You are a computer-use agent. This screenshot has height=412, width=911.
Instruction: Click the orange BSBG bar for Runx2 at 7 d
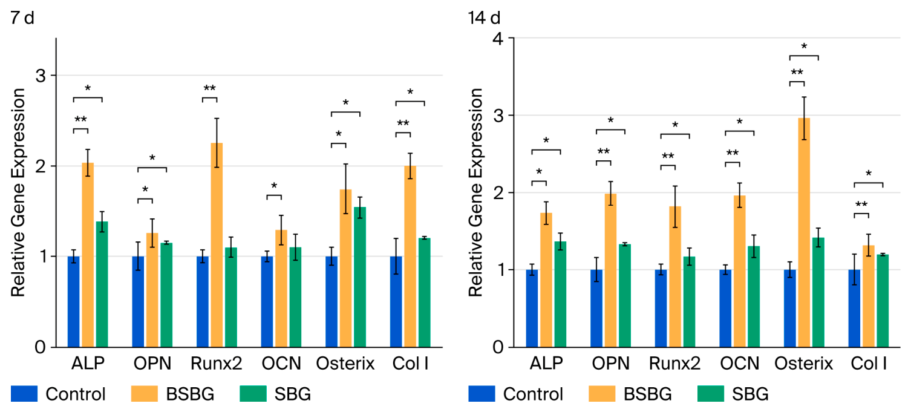tap(217, 245)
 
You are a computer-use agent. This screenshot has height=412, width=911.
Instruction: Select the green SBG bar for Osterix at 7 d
tap(360, 277)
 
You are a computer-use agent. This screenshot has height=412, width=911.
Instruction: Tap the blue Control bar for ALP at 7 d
tap(74, 302)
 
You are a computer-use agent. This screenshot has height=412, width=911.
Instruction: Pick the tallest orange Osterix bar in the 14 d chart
tap(804, 233)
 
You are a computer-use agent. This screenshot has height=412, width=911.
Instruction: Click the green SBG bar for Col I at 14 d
tap(883, 301)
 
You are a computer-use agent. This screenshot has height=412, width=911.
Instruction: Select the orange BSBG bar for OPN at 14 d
tap(610, 270)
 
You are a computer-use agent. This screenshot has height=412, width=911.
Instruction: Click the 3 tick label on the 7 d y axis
tap(41, 76)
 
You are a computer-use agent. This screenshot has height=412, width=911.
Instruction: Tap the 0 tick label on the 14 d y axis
tap(498, 347)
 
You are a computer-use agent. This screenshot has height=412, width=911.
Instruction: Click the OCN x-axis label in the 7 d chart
tap(281, 364)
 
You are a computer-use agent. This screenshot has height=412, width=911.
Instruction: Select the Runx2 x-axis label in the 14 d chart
tap(674, 364)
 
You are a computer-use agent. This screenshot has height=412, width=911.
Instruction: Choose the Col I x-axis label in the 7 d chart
tap(410, 364)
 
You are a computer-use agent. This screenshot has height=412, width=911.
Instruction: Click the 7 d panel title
tap(22, 18)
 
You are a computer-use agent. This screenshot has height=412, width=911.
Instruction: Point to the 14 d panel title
tap(484, 18)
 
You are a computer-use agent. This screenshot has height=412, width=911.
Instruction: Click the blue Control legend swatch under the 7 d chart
tap(24, 394)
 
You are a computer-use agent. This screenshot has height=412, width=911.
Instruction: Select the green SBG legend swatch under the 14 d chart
tap(711, 394)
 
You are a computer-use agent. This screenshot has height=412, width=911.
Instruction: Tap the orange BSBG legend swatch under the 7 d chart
tap(145, 394)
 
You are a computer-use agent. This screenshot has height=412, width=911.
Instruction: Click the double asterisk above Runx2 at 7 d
tap(209, 88)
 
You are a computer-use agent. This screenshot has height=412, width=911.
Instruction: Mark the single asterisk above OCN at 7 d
tap(274, 186)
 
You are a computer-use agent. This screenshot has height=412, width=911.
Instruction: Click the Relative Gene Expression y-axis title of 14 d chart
tap(475, 192)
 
